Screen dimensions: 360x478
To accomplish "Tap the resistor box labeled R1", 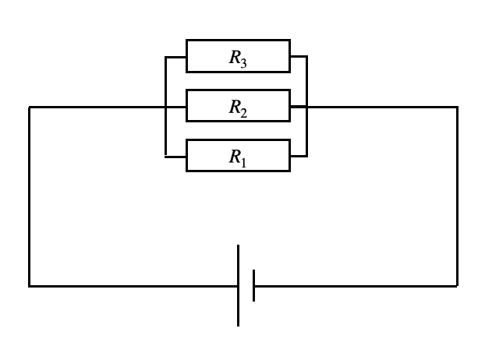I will [238, 156].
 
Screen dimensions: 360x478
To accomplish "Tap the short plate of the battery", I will [254, 286].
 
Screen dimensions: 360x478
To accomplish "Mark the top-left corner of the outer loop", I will [30, 106].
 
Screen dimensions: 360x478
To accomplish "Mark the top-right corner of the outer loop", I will [458, 106].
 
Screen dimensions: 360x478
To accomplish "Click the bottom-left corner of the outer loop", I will [30, 286].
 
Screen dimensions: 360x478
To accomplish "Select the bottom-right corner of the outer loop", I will [458, 286].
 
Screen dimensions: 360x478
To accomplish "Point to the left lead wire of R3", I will [175, 56].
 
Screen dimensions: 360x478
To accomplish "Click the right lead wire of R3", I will [299, 56].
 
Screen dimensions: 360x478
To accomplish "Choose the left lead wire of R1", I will [175, 156].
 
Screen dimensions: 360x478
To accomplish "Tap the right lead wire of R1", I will [299, 156].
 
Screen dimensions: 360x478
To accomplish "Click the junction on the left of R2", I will [166, 106].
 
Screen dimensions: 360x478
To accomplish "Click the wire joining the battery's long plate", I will [133, 286].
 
